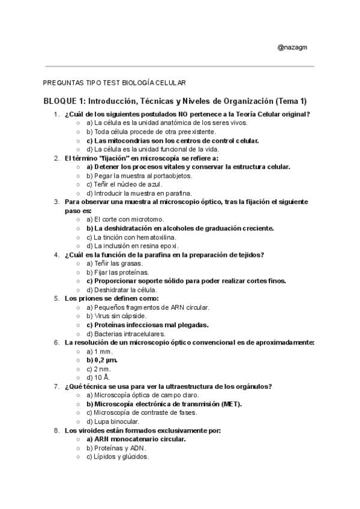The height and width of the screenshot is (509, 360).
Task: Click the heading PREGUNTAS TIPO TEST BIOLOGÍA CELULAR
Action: pos(115,82)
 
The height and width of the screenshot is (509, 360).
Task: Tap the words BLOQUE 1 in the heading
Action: pos(65,100)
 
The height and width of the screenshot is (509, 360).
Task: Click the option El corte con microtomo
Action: pos(126,219)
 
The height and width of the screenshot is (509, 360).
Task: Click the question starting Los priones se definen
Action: pos(112,298)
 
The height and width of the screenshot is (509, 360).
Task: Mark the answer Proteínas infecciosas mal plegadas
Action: pos(147,325)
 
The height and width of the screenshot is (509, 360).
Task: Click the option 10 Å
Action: pos(98,377)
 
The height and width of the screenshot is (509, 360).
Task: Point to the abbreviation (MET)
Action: pos(231,403)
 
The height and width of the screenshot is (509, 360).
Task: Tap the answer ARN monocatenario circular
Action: pos(136,439)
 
